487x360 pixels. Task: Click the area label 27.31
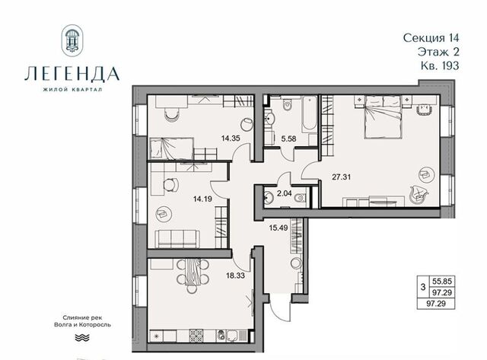coord(341,177)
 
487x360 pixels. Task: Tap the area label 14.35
coord(231,139)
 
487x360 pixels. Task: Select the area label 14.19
coord(202,199)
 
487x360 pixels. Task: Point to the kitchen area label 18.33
coord(235,276)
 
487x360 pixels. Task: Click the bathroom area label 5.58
coord(288,139)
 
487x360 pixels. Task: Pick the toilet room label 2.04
coord(284,193)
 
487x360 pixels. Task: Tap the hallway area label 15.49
coord(279,228)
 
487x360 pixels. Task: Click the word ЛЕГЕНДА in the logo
coord(72,75)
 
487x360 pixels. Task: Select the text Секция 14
coord(431,37)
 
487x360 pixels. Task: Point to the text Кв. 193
coord(440,65)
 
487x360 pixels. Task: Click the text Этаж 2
coord(438,52)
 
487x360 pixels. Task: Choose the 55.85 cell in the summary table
coord(441,282)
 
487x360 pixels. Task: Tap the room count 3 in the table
coord(423,287)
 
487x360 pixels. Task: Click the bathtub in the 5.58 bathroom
coord(309,114)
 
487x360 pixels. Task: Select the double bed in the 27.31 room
coord(384,117)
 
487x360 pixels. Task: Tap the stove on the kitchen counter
coord(196,336)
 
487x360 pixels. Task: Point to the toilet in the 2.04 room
coord(301,198)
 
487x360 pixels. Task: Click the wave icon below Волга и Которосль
coord(82,338)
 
